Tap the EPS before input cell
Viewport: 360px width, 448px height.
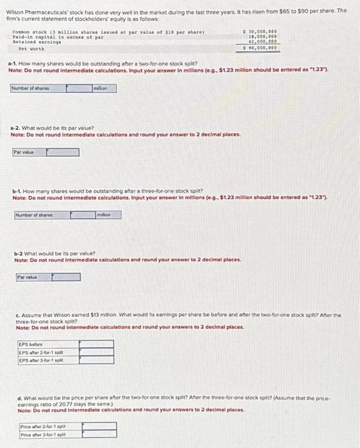(95, 344)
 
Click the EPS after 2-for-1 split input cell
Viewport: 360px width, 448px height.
(95, 351)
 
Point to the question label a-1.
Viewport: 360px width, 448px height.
(13, 65)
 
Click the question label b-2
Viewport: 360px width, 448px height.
(20, 254)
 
